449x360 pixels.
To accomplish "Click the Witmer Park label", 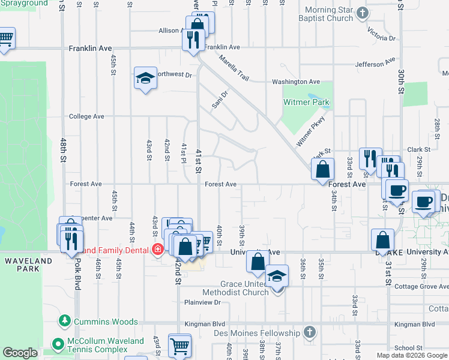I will click(x=306, y=103).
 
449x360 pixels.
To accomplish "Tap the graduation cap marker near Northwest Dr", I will click(x=145, y=79).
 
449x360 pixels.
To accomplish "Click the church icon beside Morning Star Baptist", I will click(x=361, y=13).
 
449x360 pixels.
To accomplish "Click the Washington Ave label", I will click(x=296, y=82).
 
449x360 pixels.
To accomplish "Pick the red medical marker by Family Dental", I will click(x=158, y=250).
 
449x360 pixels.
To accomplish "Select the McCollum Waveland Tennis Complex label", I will click(x=105, y=345).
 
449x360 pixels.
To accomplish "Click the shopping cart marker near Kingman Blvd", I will click(x=179, y=347).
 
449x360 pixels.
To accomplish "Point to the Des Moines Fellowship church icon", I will click(x=309, y=332).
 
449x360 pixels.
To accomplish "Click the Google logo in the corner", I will click(x=20, y=353).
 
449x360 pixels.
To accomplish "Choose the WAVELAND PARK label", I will click(x=22, y=265).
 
